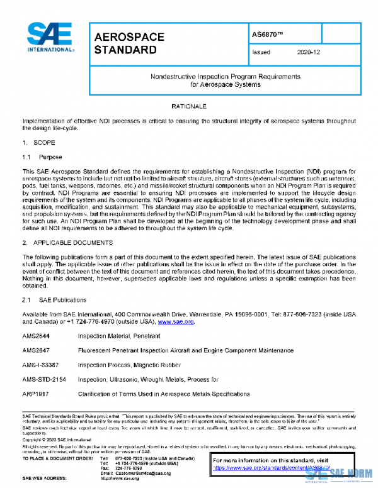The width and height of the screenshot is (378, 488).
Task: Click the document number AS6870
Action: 263,33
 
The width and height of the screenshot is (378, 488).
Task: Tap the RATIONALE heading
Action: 188,108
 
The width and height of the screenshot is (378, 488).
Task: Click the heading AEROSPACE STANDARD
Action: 129,43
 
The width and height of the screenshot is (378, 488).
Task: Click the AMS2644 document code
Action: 37,336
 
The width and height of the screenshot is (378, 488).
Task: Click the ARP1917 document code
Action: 37,394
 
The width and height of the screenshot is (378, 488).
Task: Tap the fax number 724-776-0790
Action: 130,467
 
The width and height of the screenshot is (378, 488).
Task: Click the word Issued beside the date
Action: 261,53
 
